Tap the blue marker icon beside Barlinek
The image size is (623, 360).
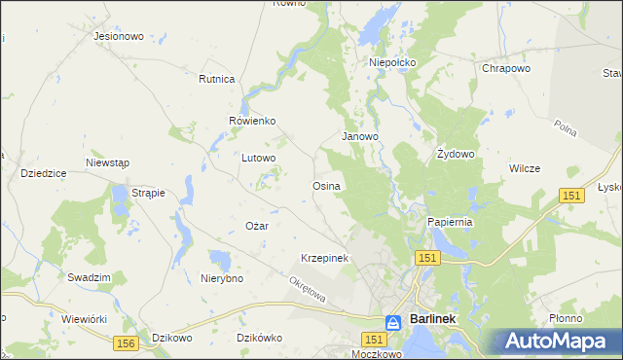pos(392,321)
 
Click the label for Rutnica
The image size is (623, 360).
pos(217,79)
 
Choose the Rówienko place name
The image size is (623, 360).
pos(253,121)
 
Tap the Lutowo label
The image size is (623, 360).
pos(259,157)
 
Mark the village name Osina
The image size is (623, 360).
pos(325,185)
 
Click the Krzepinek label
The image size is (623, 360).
pos(324,258)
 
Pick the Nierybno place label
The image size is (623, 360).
pos(221,278)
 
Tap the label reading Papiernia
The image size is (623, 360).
pos(450,222)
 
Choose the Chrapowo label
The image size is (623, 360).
pos(505,69)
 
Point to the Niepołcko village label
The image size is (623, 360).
pos(392,62)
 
